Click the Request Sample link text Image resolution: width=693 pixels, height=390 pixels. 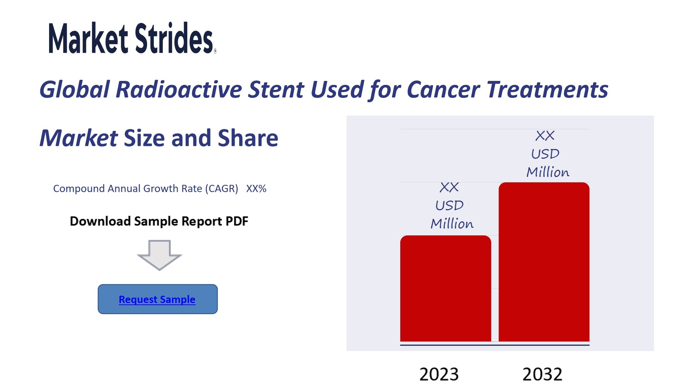[x=157, y=299]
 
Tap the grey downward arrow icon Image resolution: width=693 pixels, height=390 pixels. [x=159, y=255]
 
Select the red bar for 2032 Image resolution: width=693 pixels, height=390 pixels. [x=544, y=262]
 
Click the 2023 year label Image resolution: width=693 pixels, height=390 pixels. [x=439, y=374]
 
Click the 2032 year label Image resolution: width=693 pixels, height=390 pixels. [x=542, y=374]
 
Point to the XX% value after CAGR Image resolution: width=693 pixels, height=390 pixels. [x=256, y=188]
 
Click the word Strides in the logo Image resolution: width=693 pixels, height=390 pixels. [x=174, y=38]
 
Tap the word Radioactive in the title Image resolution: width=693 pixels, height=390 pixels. [x=179, y=89]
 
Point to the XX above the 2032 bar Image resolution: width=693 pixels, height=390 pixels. [x=545, y=136]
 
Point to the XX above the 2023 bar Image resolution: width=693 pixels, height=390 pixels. [x=449, y=187]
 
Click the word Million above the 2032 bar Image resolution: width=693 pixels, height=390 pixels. [x=548, y=172]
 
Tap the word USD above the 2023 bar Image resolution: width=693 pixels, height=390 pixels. [x=449, y=205]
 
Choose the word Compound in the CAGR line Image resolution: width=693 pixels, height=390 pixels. [x=79, y=189]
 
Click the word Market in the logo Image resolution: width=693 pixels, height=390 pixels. [x=88, y=38]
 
